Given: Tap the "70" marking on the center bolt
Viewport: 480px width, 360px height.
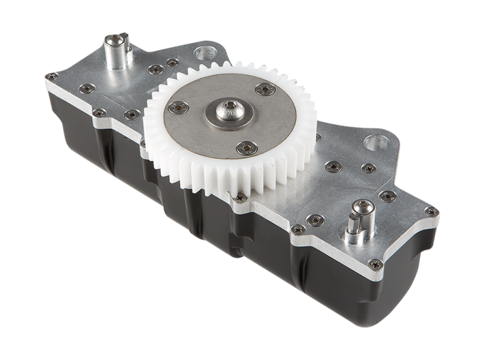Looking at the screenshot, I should [231, 114].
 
